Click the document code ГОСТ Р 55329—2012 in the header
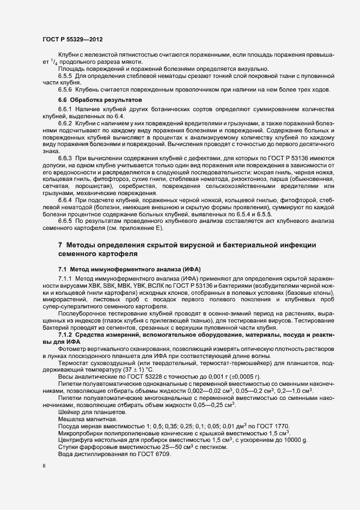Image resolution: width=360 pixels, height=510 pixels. pos(71,40)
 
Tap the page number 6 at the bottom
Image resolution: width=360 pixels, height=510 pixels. pos(44,467)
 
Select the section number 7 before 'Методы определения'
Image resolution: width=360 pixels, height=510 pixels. pos(60,245)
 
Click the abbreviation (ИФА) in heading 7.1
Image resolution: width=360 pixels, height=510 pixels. pos(191,270)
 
